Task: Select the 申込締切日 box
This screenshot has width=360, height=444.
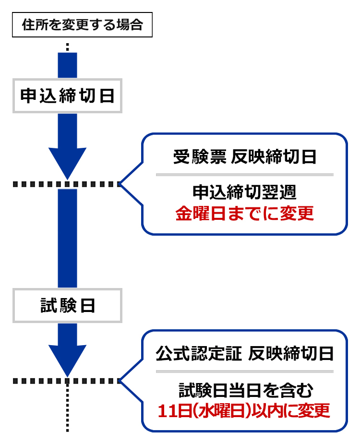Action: click(x=67, y=96)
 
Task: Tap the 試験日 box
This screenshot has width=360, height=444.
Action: click(x=67, y=305)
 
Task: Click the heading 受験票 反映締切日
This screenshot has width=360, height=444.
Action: click(x=244, y=157)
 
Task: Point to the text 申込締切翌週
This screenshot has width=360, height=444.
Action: click(x=244, y=192)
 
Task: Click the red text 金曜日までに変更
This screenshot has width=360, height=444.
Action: click(x=244, y=213)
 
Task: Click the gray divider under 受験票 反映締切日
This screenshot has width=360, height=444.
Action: click(x=244, y=174)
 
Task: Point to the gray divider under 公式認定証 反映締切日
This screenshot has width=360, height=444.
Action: click(x=244, y=372)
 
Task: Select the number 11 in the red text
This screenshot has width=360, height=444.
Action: click(x=166, y=411)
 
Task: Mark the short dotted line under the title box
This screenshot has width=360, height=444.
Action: click(x=68, y=47)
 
